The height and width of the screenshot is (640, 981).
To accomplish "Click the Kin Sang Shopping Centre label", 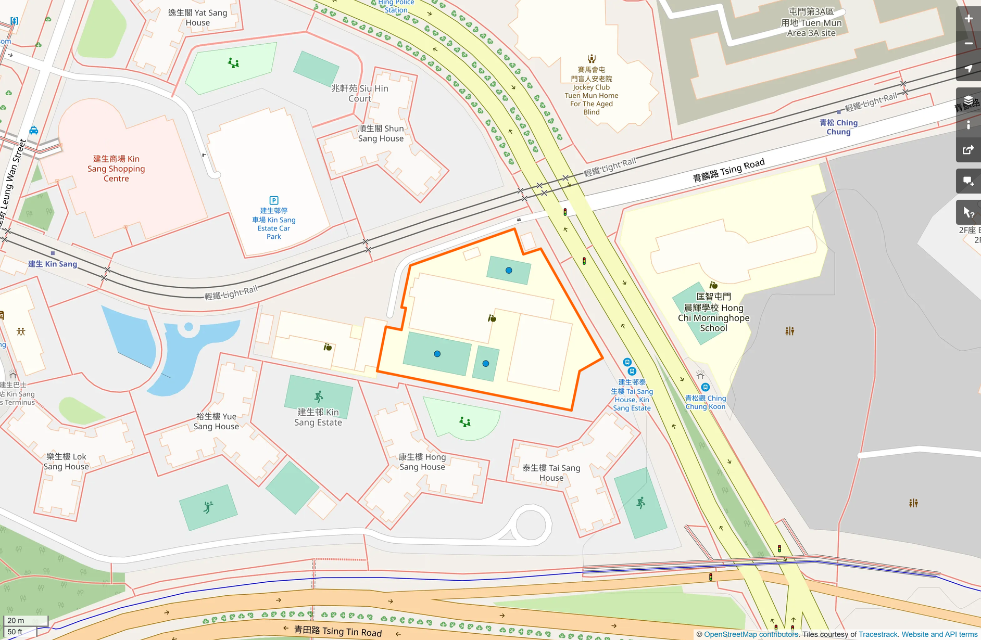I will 116,169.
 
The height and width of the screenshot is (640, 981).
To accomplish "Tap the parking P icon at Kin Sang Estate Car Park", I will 274,200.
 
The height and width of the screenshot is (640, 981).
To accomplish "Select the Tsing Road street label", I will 728,170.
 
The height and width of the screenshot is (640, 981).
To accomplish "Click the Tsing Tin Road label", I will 338,631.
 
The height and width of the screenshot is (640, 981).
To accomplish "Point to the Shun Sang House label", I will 381,134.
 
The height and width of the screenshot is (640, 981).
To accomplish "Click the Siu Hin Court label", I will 360,94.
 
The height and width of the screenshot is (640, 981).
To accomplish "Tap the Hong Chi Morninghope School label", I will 713,313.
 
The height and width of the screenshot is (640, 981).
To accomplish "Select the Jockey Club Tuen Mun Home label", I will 592,91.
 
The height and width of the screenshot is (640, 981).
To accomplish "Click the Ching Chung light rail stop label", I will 838,127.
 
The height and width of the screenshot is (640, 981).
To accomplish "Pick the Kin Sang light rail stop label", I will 53,264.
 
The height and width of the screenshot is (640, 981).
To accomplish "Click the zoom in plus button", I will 969,19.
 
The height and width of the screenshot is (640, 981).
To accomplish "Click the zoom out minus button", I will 969,44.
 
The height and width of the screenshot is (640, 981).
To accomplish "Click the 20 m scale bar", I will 26,621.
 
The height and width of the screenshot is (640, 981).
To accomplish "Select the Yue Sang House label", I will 216,421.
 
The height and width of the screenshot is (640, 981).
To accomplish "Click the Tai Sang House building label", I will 551,473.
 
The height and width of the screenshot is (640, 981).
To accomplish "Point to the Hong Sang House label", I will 422,462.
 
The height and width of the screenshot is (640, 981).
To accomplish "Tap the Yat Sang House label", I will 198,18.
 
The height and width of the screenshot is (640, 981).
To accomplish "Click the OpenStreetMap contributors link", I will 751,634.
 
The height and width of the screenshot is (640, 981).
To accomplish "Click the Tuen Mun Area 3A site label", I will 811,22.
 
